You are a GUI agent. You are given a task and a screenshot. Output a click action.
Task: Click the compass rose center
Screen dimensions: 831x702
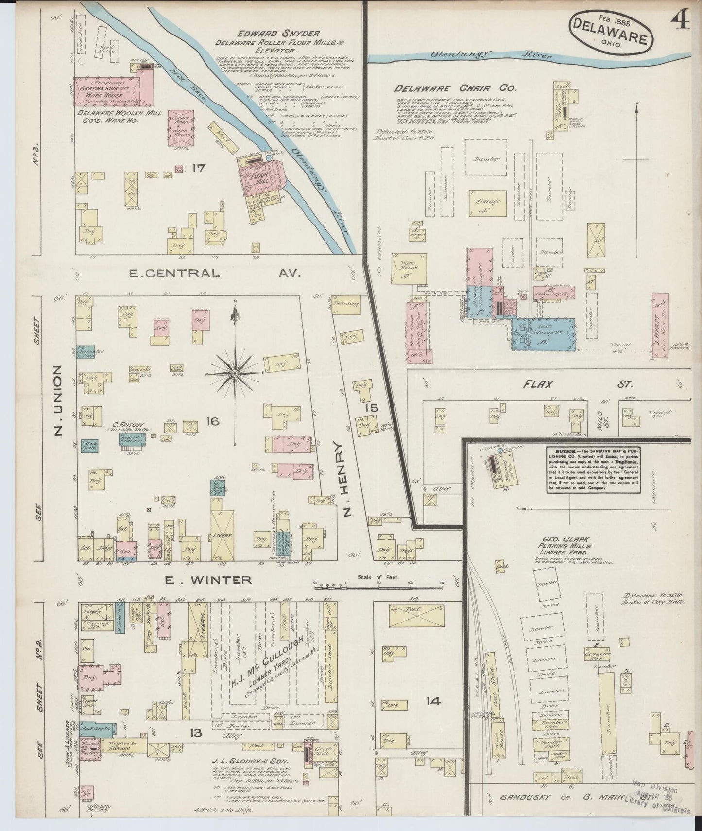coord(235,373)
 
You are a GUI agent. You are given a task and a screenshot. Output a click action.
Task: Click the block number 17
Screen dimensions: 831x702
coord(199,169)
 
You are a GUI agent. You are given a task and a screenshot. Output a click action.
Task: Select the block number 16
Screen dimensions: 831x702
coord(213,421)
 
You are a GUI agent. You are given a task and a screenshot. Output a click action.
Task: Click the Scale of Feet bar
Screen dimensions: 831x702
coord(378,588)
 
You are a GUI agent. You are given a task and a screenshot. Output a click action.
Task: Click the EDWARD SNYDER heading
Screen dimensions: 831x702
coord(278,34)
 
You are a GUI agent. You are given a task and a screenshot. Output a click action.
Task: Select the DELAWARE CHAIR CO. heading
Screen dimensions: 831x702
coord(456,88)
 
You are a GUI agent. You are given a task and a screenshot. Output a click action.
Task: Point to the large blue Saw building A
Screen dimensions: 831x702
coord(543,334)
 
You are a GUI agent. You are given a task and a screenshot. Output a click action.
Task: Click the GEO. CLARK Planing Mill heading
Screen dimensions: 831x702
coord(564,546)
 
